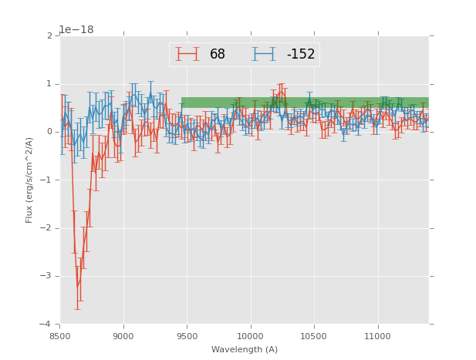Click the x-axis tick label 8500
pyautogui.click(x=60, y=336)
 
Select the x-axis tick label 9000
pyautogui.click(x=123, y=336)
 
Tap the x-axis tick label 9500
pyautogui.click(x=187, y=336)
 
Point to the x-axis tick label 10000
pyautogui.click(x=250, y=336)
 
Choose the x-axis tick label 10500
pyautogui.click(x=314, y=336)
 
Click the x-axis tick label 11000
pyautogui.click(x=377, y=336)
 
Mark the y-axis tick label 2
pyautogui.click(x=49, y=36)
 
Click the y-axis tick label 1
pyautogui.click(x=49, y=84)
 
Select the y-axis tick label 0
pyautogui.click(x=49, y=132)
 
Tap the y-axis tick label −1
pyautogui.click(x=47, y=180)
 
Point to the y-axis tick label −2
pyautogui.click(x=47, y=228)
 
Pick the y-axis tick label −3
pyautogui.click(x=47, y=276)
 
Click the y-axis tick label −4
pyautogui.click(x=47, y=324)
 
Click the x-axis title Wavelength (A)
pyautogui.click(x=245, y=350)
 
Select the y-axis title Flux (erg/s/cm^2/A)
pyautogui.click(x=29, y=180)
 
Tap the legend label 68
pyautogui.click(x=218, y=55)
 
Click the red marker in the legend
pyautogui.click(x=187, y=54)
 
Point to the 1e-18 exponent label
pyautogui.click(x=76, y=30)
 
